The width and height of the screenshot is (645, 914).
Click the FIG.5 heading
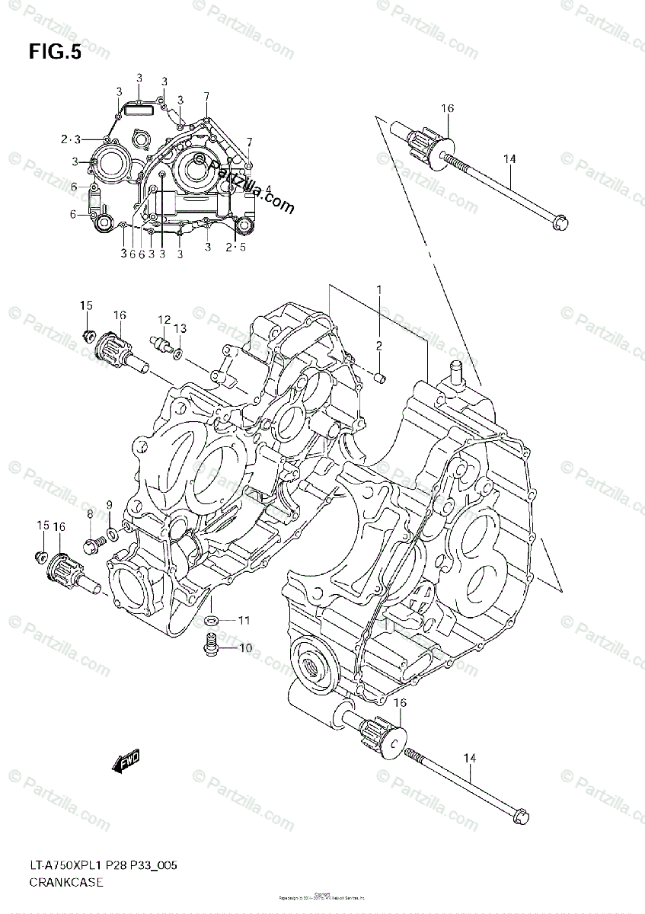click(x=55, y=52)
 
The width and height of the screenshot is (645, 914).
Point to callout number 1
click(x=378, y=289)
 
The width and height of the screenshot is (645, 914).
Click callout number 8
click(x=90, y=515)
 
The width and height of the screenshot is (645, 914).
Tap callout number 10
click(x=245, y=648)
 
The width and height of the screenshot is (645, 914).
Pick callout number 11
click(x=244, y=621)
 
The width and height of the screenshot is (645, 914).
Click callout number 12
click(x=164, y=320)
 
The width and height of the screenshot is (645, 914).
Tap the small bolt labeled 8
click(x=94, y=542)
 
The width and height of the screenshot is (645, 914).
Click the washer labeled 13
click(x=177, y=353)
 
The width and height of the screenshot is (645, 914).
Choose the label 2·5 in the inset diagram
click(x=235, y=247)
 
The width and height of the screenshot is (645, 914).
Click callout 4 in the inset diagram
click(x=268, y=188)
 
